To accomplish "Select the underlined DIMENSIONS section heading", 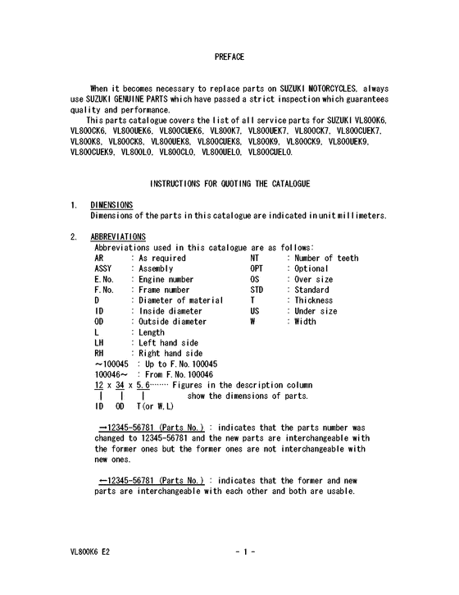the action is tap(111, 205).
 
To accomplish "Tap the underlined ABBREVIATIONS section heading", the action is tap(118, 238).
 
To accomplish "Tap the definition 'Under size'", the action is tap(316, 312).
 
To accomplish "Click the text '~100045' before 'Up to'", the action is tap(111, 364).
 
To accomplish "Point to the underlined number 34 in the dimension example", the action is tap(120, 385).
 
